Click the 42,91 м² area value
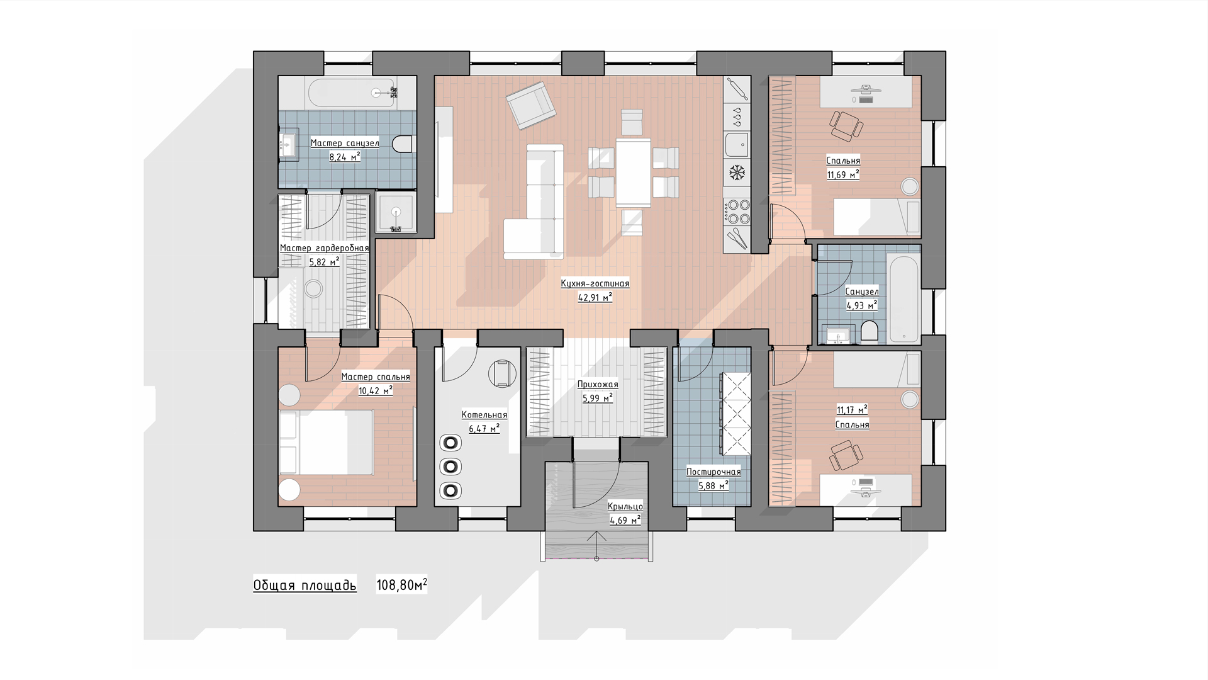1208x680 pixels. [595, 297]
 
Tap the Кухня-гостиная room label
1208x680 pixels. [595, 283]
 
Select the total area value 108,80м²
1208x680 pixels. [401, 586]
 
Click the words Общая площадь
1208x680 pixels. [305, 586]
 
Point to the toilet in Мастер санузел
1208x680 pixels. [401, 144]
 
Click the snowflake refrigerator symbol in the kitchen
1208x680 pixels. [737, 171]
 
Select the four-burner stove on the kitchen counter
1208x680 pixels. [737, 211]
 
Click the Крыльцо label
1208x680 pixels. [625, 506]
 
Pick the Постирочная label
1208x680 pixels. [713, 472]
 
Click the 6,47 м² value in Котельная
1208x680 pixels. [484, 429]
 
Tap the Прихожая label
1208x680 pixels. [598, 384]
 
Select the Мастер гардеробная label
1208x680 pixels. [324, 248]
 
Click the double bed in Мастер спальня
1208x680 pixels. [326, 443]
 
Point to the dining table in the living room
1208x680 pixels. [633, 173]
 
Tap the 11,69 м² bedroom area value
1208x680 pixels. [843, 174]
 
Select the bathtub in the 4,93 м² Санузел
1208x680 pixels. [903, 298]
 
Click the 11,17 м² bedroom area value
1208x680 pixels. [852, 410]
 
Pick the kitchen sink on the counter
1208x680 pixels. [737, 144]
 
